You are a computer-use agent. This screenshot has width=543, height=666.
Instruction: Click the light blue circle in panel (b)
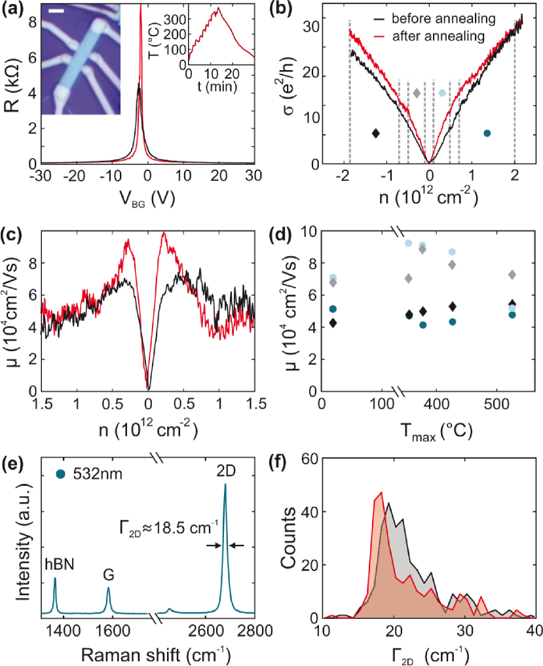[x=442, y=93]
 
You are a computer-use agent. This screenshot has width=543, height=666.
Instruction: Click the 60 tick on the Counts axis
[x=310, y=459]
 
